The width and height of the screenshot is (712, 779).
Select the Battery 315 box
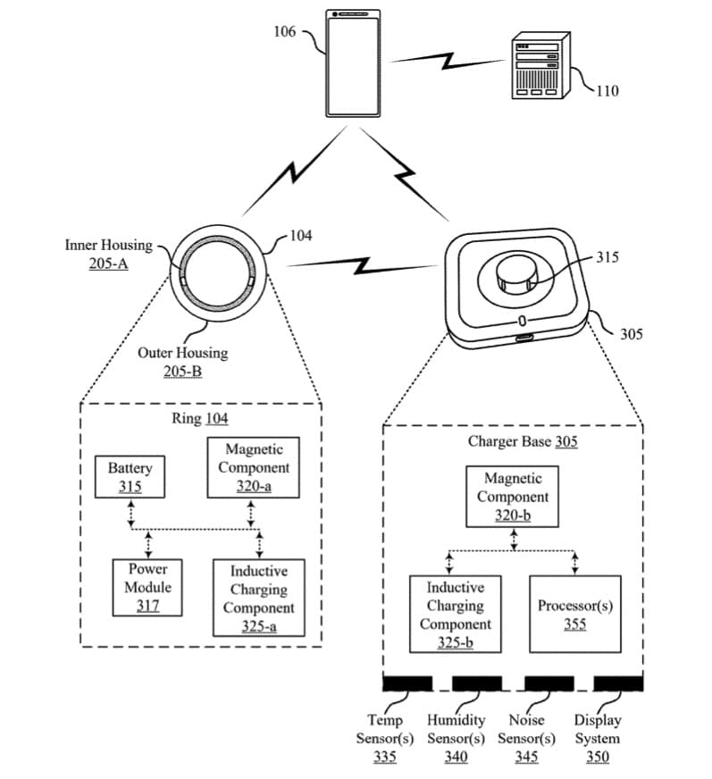click(130, 477)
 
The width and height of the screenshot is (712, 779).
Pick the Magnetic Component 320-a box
click(254, 467)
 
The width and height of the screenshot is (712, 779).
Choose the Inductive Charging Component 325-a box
click(258, 598)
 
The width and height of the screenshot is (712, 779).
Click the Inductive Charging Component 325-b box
click(455, 615)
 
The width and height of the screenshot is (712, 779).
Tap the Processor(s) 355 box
click(574, 615)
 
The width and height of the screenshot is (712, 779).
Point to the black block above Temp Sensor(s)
click(407, 683)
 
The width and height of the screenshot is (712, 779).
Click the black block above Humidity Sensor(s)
click(477, 683)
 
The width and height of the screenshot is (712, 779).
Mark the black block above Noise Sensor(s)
click(549, 683)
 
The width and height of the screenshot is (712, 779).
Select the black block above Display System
click(618, 683)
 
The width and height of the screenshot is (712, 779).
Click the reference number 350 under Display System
click(597, 758)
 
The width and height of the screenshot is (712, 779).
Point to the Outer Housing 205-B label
click(182, 361)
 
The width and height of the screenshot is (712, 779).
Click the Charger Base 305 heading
click(522, 441)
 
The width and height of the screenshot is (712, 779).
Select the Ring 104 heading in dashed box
click(199, 418)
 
